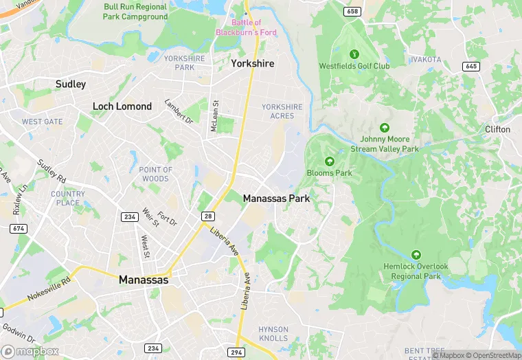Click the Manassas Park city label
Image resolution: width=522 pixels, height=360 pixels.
[x=276, y=199]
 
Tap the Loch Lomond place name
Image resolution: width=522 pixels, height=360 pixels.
[x=122, y=106]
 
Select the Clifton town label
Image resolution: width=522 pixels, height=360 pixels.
[x=497, y=129]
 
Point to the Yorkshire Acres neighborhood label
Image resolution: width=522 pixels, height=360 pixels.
[x=282, y=111]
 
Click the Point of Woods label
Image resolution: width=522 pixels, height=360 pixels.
[x=156, y=174]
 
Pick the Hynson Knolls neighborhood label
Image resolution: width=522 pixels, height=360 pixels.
[x=273, y=334]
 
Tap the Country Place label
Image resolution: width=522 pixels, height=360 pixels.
[x=68, y=199]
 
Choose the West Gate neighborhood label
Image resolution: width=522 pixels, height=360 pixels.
[x=42, y=122]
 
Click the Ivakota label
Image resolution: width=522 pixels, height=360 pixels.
[x=426, y=60]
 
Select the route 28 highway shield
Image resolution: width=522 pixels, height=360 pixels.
[x=207, y=216]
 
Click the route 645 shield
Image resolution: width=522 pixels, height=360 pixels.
[x=470, y=66]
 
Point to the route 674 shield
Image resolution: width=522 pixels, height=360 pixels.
[x=19, y=228]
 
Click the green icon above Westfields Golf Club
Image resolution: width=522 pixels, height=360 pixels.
[x=354, y=54]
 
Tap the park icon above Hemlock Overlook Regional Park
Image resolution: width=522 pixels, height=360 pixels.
[x=415, y=254]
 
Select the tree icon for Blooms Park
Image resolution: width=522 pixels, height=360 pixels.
[x=330, y=161]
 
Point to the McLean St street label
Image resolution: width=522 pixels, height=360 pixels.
[x=214, y=114]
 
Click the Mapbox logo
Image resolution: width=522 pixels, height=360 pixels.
[x=30, y=351]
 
